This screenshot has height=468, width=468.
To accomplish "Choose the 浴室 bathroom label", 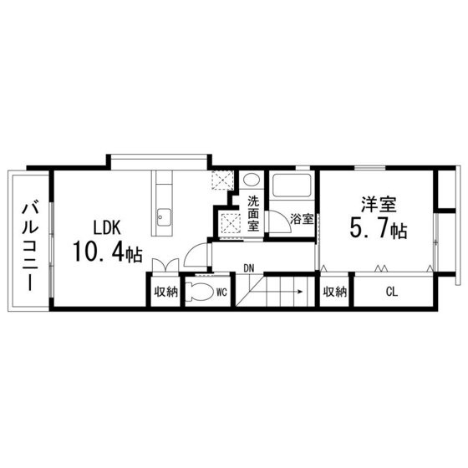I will point(301,219).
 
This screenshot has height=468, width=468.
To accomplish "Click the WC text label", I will point(222,292).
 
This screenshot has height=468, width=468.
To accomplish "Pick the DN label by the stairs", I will point(249,267).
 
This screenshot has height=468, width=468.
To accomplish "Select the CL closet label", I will point(391,292).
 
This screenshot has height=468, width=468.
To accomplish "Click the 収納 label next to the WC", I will point(165,292).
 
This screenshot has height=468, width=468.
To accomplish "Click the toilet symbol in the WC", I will point(199,292).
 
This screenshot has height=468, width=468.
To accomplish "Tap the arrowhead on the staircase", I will point(298,292).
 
